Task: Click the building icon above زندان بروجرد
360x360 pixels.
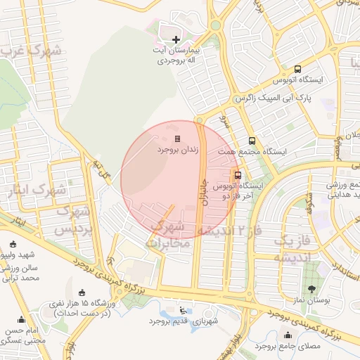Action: tap(177, 139)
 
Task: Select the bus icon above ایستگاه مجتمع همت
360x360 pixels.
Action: tap(252, 141)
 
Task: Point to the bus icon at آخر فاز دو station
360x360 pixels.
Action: tap(238, 175)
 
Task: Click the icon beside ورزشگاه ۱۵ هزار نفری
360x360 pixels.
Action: tap(82, 292)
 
